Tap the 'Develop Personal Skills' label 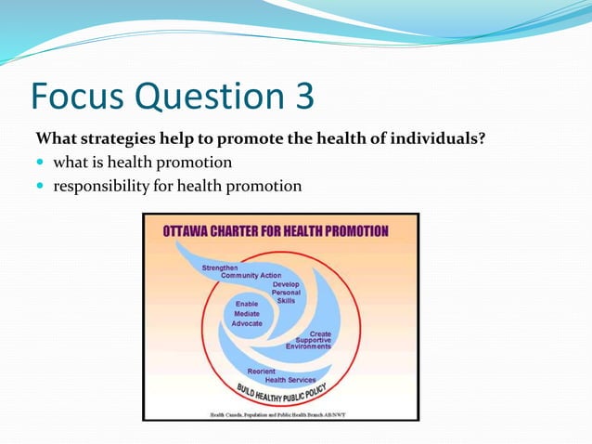pos(286,292)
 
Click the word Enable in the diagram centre pos(247,304)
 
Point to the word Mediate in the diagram pos(247,313)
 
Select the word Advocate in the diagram pos(247,323)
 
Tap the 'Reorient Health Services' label pos(278,374)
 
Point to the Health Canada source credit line pos(280,413)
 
